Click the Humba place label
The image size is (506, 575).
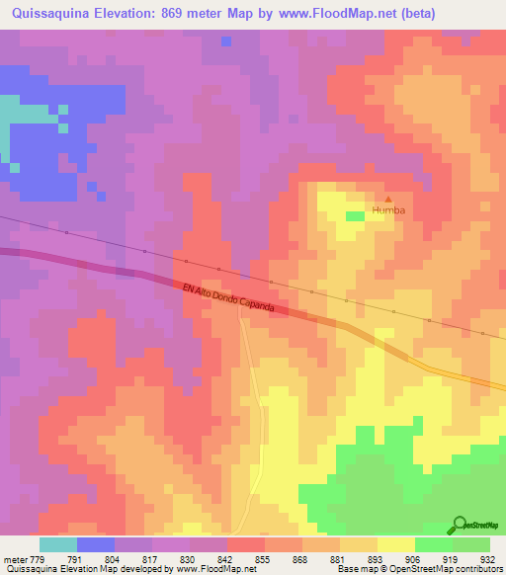click(388, 210)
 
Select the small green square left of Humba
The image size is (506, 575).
click(355, 215)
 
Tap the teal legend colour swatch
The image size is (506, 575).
click(58, 544)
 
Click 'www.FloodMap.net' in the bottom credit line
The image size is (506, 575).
click(209, 569)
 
